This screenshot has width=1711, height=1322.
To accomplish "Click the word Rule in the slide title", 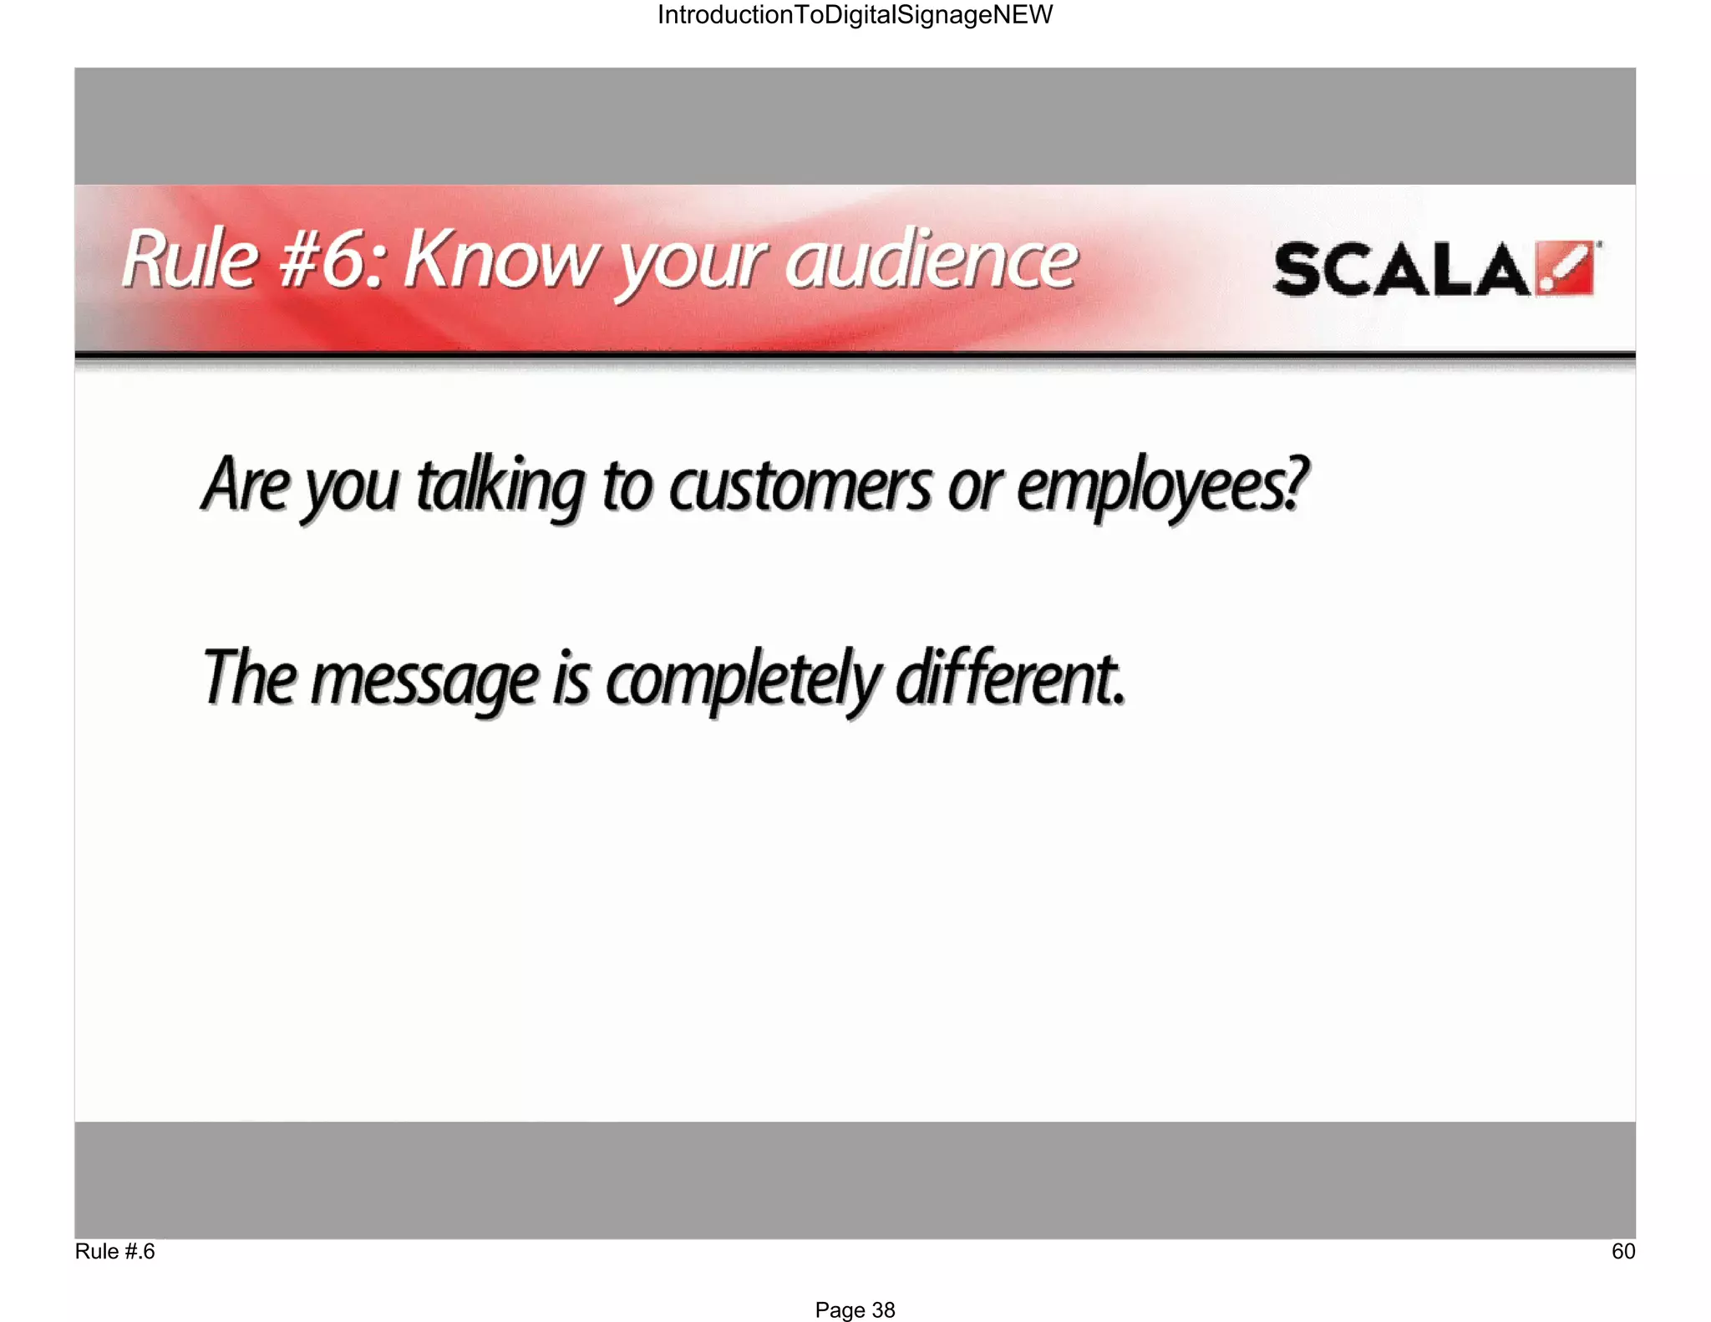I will coord(190,260).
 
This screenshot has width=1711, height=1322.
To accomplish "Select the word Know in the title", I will coord(500,260).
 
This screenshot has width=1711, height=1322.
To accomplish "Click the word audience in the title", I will coord(932,260).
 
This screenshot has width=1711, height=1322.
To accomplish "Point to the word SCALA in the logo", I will coord(1402,270).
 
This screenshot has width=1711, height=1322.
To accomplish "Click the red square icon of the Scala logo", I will coord(1566,269).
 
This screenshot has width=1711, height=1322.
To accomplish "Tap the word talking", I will coord(500,487).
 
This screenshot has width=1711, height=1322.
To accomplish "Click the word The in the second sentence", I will coord(249,678).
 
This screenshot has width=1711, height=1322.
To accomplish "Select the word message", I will coord(424,681).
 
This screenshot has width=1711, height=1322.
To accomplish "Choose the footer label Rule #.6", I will coord(114,1251).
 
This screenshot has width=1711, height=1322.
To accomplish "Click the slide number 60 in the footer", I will coord(1622,1251).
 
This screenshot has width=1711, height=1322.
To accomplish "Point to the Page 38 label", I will coord(855,1309).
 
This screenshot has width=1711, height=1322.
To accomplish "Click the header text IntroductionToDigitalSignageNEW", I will coord(855,15).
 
